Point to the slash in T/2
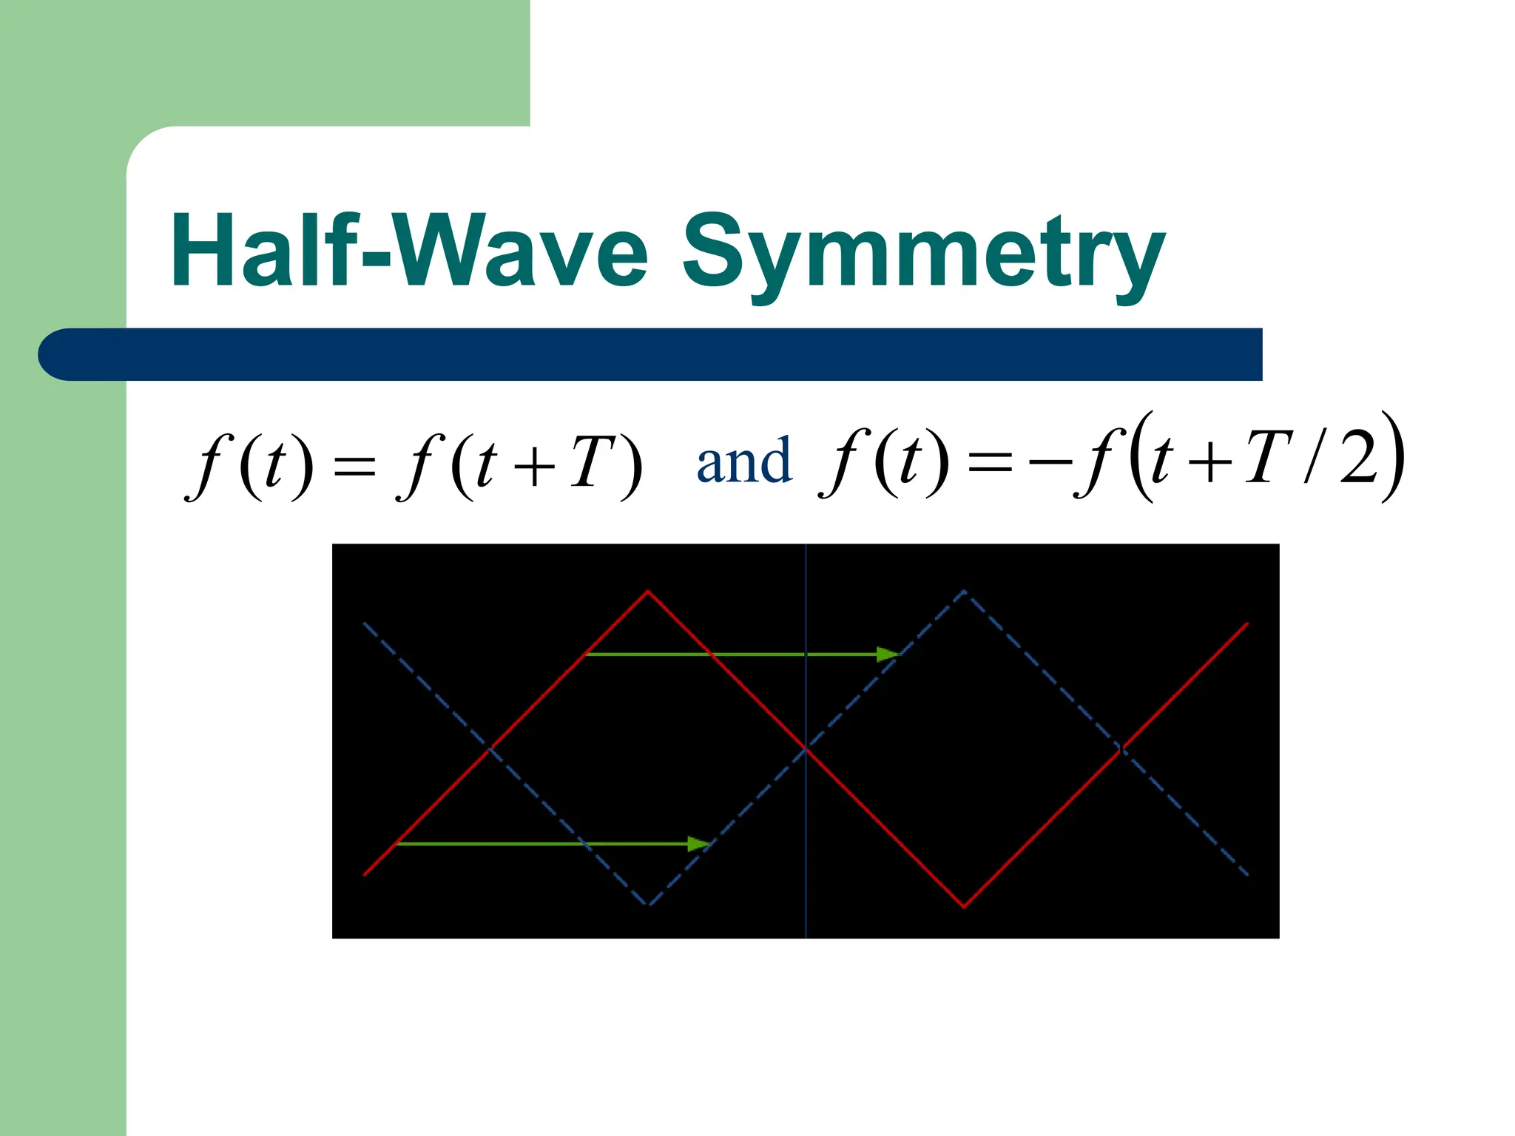[x=1312, y=459]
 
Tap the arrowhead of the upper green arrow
[x=888, y=655]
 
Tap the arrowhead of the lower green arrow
[x=699, y=844]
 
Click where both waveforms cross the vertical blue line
[x=806, y=749]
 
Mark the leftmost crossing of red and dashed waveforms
[x=489, y=749]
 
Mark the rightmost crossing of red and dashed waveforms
[x=1122, y=749]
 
